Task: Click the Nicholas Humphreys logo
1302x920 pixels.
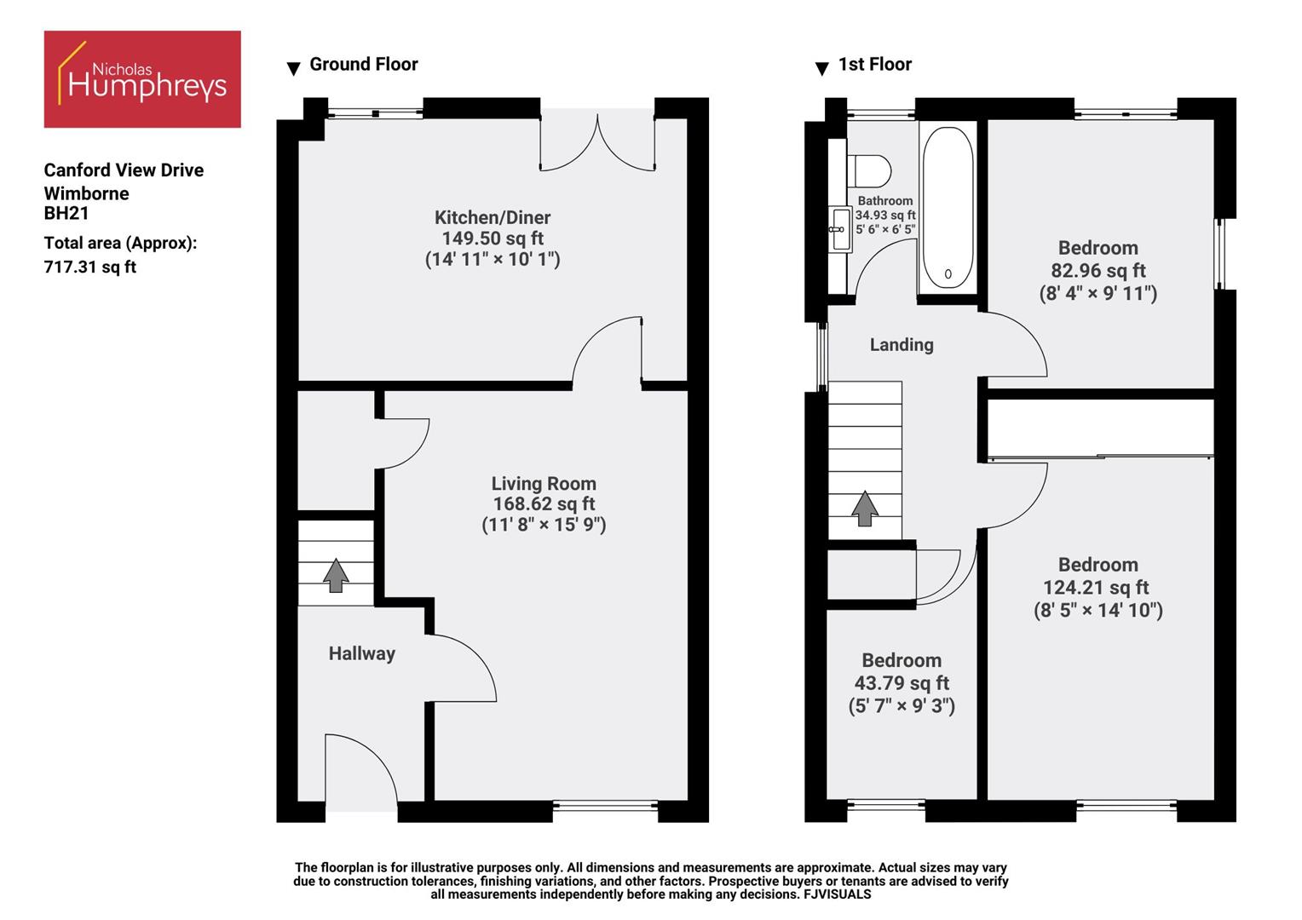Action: (x=142, y=79)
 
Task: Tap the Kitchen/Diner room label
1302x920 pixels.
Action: (x=493, y=217)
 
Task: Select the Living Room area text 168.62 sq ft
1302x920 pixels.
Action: (x=544, y=503)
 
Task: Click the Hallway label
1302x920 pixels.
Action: (x=362, y=653)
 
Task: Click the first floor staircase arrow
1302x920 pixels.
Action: (x=865, y=509)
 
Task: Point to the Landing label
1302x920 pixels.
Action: (x=902, y=344)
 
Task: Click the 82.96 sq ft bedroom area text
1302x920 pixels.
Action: (x=1097, y=271)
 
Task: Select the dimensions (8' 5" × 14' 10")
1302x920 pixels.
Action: (x=1097, y=610)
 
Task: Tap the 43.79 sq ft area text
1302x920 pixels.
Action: (x=902, y=683)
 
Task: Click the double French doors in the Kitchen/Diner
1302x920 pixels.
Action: (x=597, y=141)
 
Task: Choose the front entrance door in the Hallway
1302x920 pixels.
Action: (x=360, y=771)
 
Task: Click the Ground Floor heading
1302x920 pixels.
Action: (x=363, y=64)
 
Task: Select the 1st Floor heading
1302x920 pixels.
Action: (x=874, y=64)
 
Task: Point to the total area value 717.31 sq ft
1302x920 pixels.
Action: (x=90, y=267)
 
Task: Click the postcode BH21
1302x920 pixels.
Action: (x=66, y=213)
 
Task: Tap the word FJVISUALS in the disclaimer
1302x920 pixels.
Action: (x=837, y=894)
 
